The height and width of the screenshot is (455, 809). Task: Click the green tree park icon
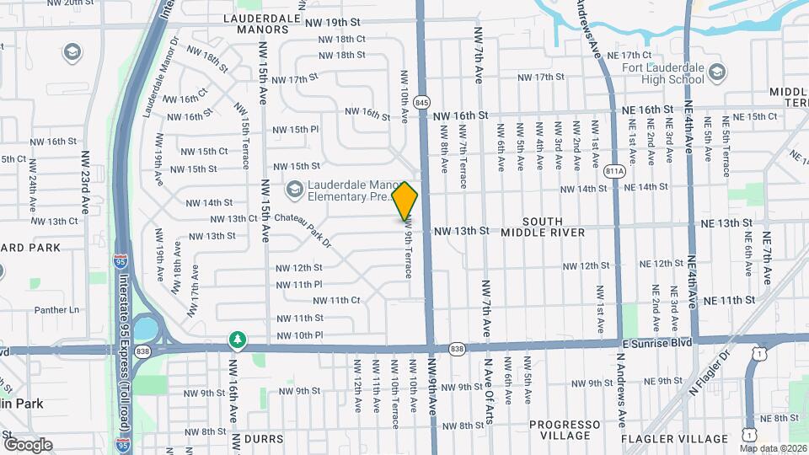[x=238, y=340]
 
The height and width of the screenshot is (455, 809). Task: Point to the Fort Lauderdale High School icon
[x=717, y=72]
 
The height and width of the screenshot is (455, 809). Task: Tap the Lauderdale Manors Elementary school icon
[x=294, y=188]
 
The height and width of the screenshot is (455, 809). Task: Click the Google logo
[x=28, y=444]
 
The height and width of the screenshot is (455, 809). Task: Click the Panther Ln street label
[x=57, y=309]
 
